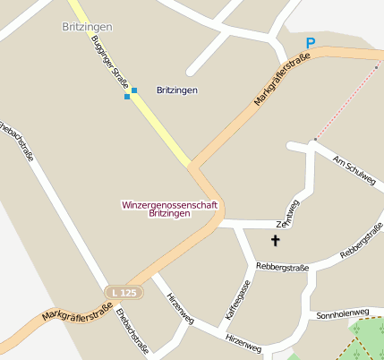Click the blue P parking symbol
point(311,42)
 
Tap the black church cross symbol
point(276,240)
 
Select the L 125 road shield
point(123,292)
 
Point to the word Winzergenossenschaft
point(169,204)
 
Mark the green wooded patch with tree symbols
point(368,339)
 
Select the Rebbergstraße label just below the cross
point(282,266)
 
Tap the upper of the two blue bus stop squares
point(134,90)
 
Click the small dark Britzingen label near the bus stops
point(176,90)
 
